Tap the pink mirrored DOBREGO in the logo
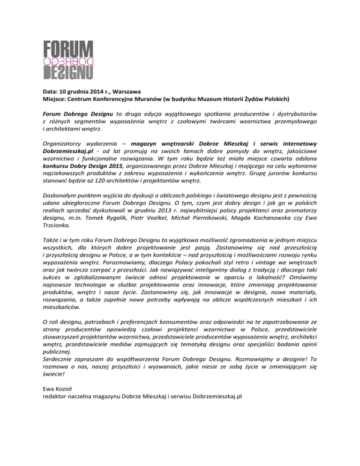(68, 61)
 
